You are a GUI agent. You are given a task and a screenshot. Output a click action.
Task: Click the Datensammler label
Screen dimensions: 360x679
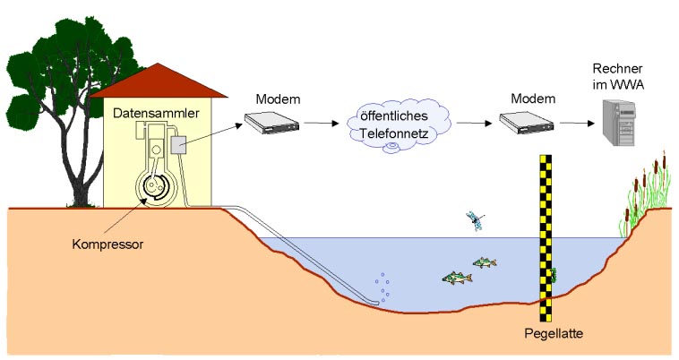(x=153, y=113)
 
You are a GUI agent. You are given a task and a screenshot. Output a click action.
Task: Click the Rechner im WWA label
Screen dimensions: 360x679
(x=619, y=77)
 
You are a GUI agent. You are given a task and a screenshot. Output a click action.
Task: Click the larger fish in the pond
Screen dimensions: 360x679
(x=457, y=278)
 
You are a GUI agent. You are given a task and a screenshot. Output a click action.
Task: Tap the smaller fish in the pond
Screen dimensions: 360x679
(x=485, y=262)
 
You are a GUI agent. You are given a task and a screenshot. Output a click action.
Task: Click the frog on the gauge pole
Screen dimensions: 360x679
(x=554, y=273)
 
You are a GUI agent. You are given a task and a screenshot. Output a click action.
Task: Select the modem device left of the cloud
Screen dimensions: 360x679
(x=271, y=125)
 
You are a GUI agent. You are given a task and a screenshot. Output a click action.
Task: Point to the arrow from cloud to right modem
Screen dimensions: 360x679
(x=472, y=124)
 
